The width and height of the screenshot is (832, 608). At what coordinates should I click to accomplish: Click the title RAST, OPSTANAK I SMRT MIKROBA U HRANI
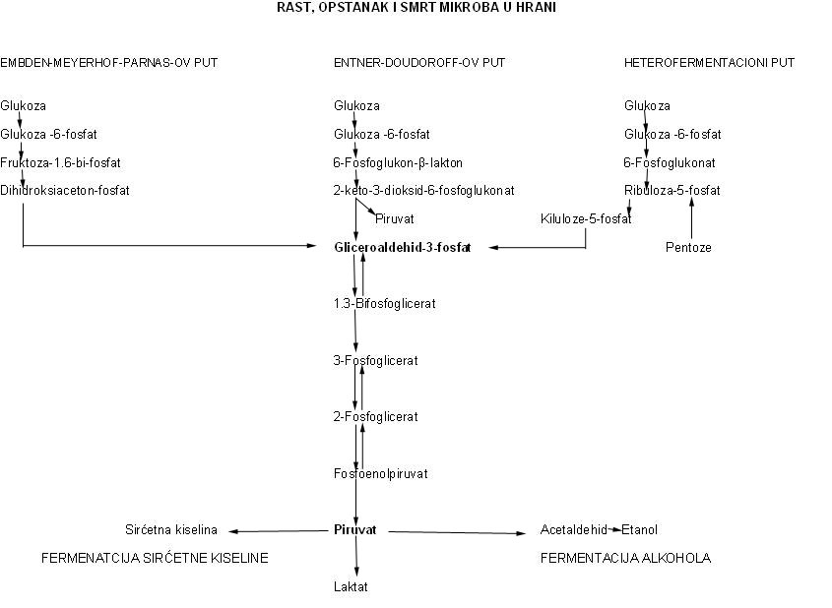[416, 8]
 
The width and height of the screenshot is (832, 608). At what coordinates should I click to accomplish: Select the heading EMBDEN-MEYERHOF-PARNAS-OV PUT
[108, 63]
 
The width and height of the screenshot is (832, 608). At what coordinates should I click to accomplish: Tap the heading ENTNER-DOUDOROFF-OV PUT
[419, 63]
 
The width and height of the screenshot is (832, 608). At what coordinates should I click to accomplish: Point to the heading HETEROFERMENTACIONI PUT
[710, 63]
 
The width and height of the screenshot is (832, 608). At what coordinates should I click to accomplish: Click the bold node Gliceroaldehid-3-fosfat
[403, 247]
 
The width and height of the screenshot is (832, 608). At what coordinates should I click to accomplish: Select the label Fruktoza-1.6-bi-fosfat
[60, 162]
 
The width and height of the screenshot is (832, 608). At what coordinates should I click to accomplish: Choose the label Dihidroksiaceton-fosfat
[65, 190]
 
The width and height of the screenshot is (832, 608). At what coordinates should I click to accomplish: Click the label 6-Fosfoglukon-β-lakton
[398, 162]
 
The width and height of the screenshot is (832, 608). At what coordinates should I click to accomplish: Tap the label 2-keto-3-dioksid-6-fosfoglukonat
[424, 190]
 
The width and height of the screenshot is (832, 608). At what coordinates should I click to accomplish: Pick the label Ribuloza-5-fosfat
[672, 190]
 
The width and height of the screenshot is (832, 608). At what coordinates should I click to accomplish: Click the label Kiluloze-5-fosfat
[586, 219]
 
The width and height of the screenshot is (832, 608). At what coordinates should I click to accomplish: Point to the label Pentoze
[688, 248]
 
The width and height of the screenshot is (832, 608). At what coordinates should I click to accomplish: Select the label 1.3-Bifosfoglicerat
[385, 304]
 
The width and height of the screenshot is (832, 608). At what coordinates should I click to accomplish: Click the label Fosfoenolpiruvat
[381, 473]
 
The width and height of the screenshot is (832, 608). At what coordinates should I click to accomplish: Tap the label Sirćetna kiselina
[171, 529]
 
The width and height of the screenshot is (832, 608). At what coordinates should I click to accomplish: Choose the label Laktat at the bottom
[351, 586]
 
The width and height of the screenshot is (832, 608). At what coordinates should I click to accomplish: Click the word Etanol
[639, 529]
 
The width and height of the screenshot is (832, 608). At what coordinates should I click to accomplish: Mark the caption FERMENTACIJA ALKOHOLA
[625, 558]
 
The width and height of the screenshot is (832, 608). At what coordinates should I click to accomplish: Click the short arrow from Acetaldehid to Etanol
[614, 529]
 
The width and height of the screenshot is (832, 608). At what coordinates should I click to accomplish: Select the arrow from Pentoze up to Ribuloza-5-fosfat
[691, 218]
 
